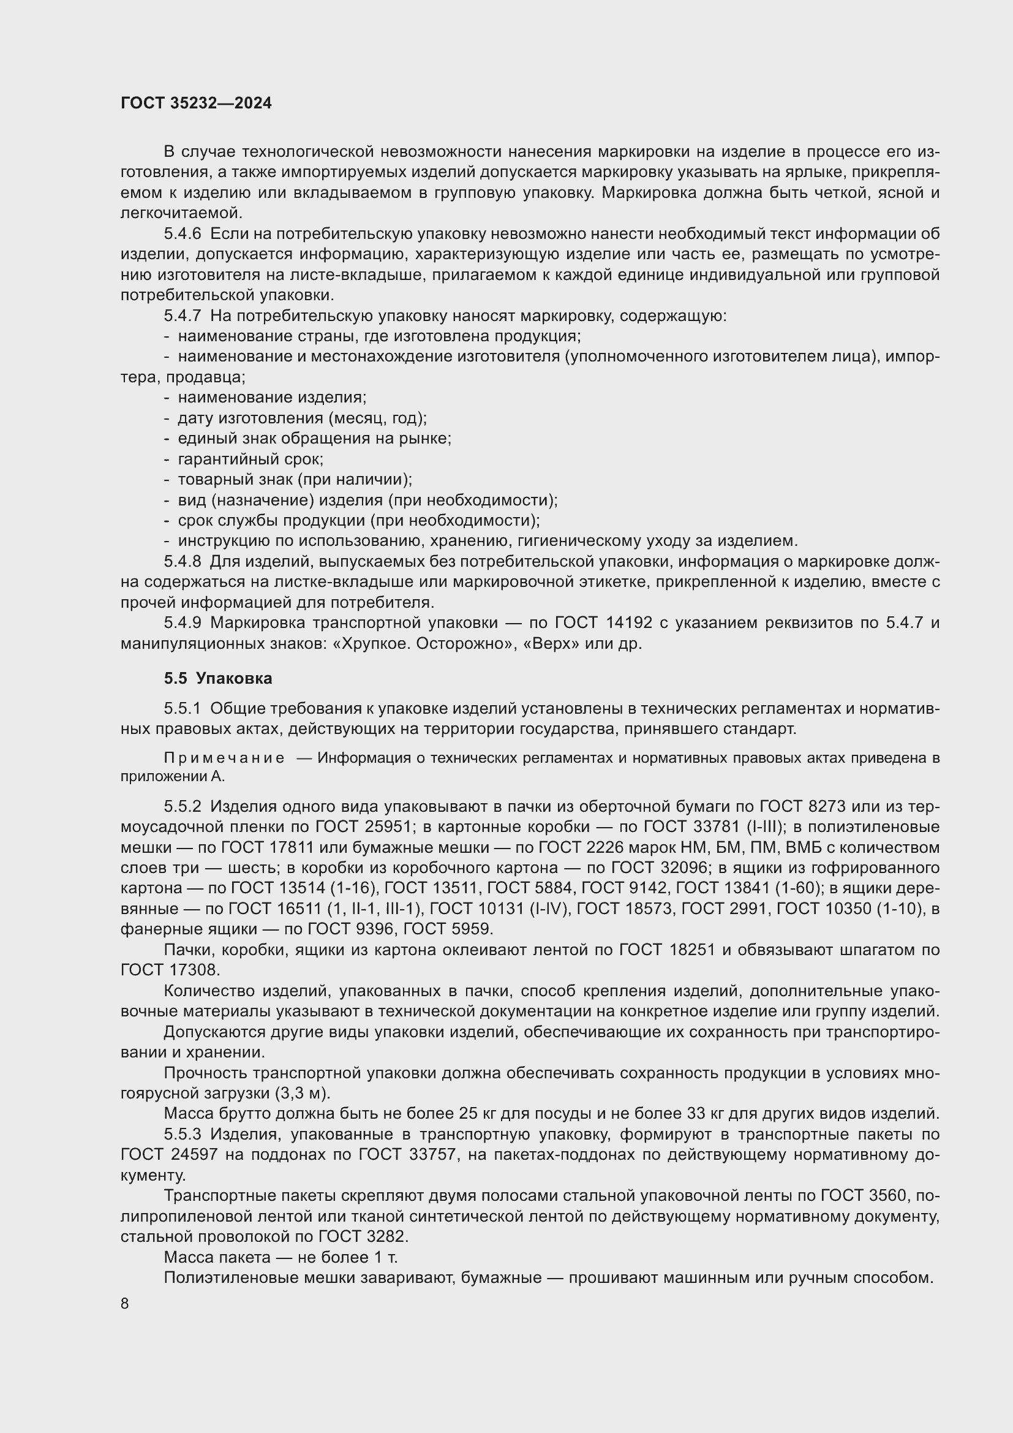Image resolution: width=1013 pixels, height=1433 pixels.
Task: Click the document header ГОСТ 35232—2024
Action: (196, 103)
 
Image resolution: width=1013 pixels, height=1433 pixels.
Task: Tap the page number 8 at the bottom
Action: (125, 1303)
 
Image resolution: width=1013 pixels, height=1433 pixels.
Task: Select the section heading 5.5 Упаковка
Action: (217, 678)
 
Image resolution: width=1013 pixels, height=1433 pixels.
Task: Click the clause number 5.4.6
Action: (183, 234)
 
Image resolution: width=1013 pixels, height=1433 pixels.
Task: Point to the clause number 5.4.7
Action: (183, 316)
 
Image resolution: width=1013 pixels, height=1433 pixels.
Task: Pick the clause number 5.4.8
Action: (183, 561)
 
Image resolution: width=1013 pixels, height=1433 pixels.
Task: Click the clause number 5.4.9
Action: (183, 622)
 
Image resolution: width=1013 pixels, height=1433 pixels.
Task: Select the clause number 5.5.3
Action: (183, 1133)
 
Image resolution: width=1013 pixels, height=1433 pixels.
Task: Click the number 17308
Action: (194, 970)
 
